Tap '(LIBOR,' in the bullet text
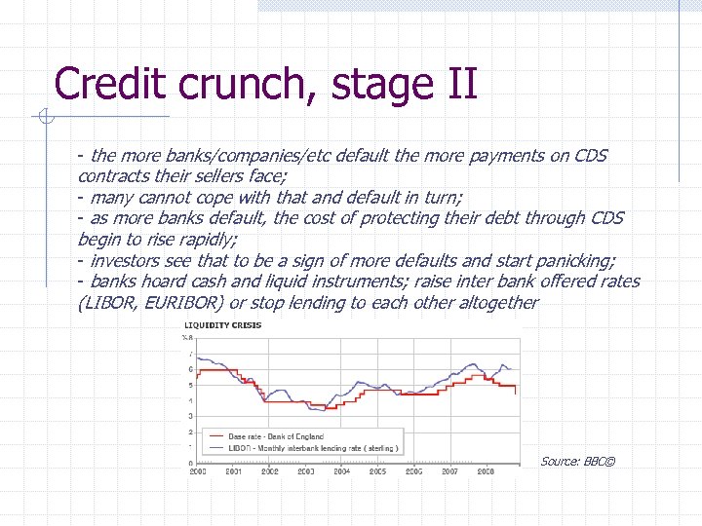coord(108,303)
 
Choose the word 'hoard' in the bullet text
coord(162,282)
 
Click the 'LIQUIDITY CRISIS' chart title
coord(223,324)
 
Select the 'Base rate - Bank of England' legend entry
coord(276,436)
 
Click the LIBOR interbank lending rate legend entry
coord(312,448)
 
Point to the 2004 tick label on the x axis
coord(341,470)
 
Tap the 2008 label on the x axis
coord(485,470)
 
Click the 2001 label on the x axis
coord(234,470)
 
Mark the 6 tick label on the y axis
coord(190,369)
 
